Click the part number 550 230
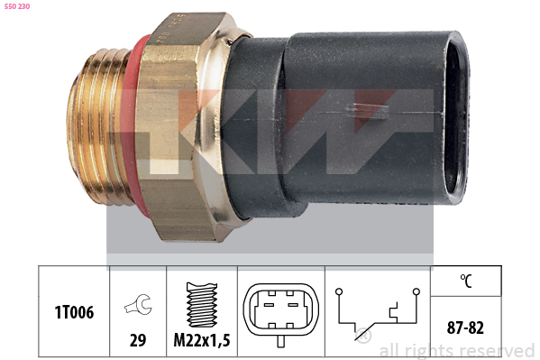point(17,6)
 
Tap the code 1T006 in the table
point(74,312)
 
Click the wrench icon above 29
point(138,304)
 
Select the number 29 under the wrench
point(138,340)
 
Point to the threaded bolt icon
point(202,305)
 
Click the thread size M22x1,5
point(202,340)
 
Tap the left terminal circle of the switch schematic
point(339,291)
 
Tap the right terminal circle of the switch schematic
point(416,291)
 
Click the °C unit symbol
point(466,281)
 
